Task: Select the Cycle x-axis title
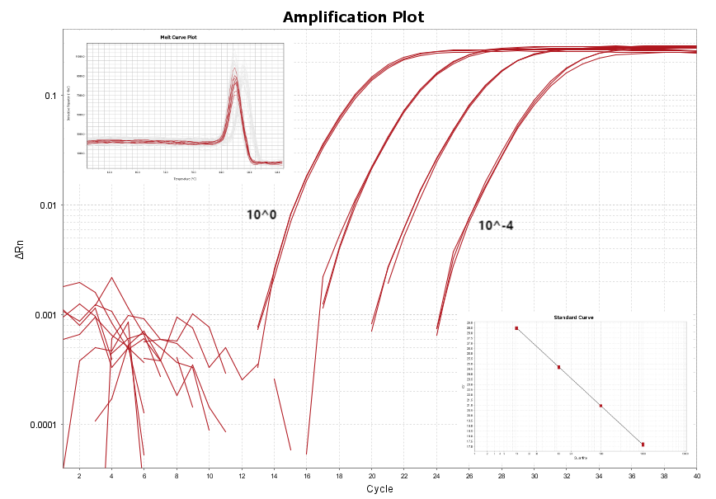(x=379, y=489)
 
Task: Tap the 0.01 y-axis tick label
(x=45, y=205)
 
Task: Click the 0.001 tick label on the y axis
(x=43, y=315)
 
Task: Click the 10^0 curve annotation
(x=261, y=215)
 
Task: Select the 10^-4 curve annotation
(x=497, y=224)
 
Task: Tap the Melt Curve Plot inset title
(x=184, y=38)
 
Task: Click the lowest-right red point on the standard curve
(x=643, y=445)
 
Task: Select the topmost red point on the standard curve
(x=516, y=328)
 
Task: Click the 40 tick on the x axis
(x=697, y=477)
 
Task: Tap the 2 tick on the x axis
(x=79, y=477)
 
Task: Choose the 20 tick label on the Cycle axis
(x=371, y=477)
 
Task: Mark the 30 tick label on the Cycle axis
(x=534, y=477)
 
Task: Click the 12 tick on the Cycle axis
(x=242, y=477)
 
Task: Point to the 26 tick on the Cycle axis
(x=469, y=477)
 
